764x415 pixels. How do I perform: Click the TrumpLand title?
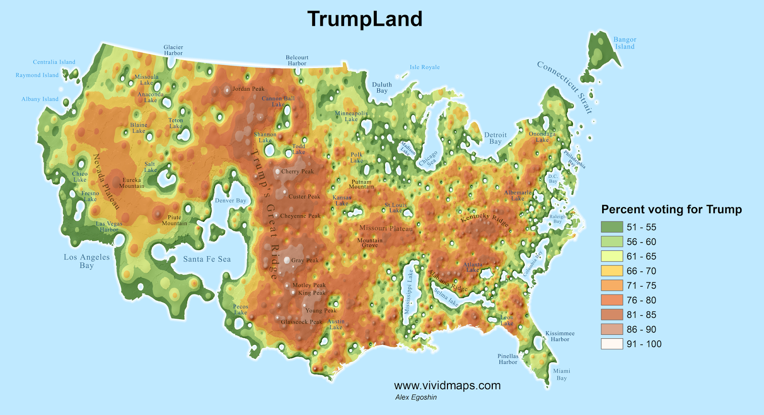[365, 19]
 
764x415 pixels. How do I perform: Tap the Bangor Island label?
[625, 43]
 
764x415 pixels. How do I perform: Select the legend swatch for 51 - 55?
[612, 227]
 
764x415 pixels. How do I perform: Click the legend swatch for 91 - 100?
[612, 344]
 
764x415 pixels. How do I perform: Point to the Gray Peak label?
[305, 260]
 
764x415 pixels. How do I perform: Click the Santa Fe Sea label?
[207, 259]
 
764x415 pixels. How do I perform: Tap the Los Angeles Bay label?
[86, 261]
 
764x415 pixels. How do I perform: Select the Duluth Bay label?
[382, 88]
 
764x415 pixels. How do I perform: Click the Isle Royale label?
[424, 67]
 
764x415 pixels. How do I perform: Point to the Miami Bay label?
[562, 374]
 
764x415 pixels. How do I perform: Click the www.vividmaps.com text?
[447, 385]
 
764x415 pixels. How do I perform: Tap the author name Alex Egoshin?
[415, 397]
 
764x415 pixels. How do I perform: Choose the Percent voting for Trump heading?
[671, 209]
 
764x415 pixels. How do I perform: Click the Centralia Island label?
[54, 62]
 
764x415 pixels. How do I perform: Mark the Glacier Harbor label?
[173, 50]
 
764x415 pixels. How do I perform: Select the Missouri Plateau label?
[386, 228]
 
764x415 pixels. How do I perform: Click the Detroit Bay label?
[495, 138]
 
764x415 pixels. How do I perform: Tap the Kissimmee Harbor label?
[560, 336]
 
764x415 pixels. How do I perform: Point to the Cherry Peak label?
[297, 172]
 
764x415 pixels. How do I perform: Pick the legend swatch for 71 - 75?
[612, 285]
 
